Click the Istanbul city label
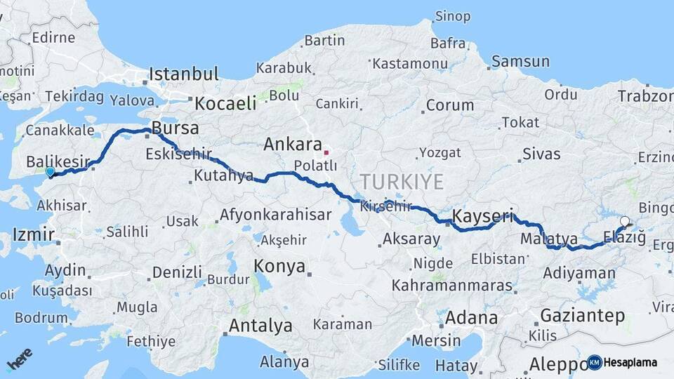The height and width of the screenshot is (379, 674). pyautogui.click(x=185, y=74)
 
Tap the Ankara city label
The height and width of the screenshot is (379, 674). pyautogui.click(x=291, y=145)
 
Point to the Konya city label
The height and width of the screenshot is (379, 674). pyautogui.click(x=279, y=266)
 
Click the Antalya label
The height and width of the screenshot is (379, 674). pyautogui.click(x=260, y=326)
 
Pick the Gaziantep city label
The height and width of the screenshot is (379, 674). pyautogui.click(x=583, y=316)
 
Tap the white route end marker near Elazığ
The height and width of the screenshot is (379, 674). pyautogui.click(x=625, y=222)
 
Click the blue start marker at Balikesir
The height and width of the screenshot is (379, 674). pyautogui.click(x=50, y=171)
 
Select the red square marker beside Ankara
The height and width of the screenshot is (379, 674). pyautogui.click(x=326, y=152)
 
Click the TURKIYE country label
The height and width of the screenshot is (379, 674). pyautogui.click(x=402, y=182)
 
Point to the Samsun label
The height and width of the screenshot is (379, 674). pyautogui.click(x=520, y=62)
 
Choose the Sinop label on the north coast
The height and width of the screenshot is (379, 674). pyautogui.click(x=453, y=15)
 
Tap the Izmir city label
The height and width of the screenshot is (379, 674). pyautogui.click(x=29, y=234)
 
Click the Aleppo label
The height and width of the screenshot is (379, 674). pyautogui.click(x=557, y=364)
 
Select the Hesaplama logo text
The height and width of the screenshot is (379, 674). pyautogui.click(x=630, y=363)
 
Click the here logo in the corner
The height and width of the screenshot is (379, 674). pyautogui.click(x=20, y=359)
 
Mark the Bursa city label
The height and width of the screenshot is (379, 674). pyautogui.click(x=176, y=129)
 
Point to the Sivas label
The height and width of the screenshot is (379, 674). pyautogui.click(x=542, y=154)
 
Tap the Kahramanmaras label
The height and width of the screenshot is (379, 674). pyautogui.click(x=453, y=286)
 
